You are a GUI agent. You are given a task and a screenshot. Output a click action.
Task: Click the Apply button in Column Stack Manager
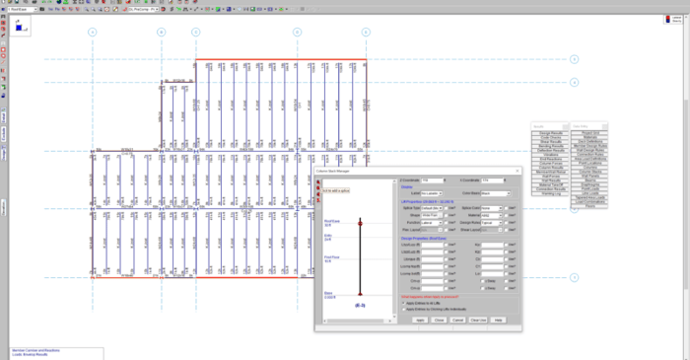tap(419, 320)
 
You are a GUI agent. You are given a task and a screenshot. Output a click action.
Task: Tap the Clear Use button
tap(478, 320)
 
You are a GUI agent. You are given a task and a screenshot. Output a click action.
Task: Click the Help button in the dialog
tap(499, 320)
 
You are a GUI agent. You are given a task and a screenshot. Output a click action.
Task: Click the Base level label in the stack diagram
tap(329, 293)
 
